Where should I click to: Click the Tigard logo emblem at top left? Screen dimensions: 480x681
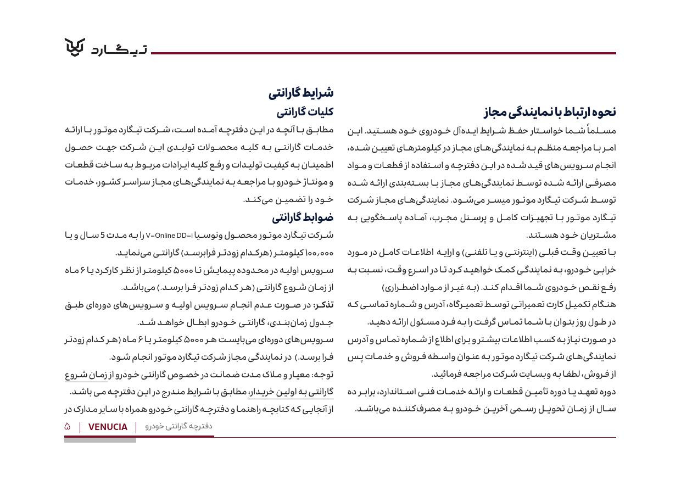click(75, 47)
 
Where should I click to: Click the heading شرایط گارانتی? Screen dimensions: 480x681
click(301, 93)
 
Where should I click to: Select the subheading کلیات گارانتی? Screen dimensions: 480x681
click(305, 112)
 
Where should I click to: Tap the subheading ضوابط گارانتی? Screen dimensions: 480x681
click(303, 217)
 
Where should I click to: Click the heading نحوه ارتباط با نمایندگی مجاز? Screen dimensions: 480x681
click(550, 112)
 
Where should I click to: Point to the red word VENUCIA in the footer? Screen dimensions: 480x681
click(108, 427)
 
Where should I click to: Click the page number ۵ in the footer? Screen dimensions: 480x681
click(68, 427)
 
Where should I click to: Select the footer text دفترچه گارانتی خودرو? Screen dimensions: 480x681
click(178, 426)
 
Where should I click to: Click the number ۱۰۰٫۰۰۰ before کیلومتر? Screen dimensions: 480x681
click(318, 253)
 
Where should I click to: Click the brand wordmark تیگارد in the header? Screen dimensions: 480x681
click(119, 50)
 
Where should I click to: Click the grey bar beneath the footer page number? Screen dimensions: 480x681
click(100, 440)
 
